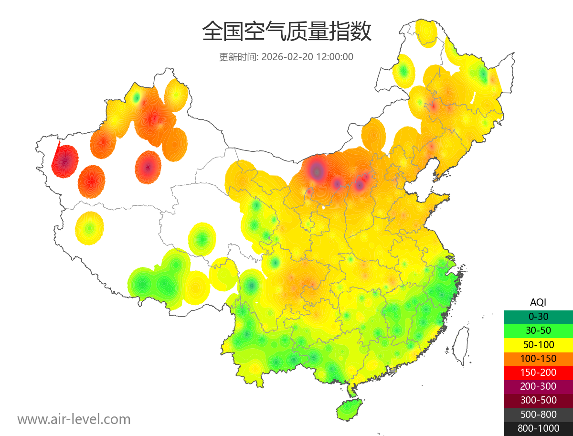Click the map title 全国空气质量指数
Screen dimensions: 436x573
pyautogui.click(x=286, y=32)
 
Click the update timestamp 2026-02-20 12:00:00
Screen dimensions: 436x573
pyautogui.click(x=308, y=57)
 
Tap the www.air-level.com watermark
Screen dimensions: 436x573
pyautogui.click(x=74, y=419)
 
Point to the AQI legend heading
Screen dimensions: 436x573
pyautogui.click(x=538, y=302)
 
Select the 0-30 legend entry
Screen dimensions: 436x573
pyautogui.click(x=538, y=317)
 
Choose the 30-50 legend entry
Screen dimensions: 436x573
pyautogui.click(x=538, y=330)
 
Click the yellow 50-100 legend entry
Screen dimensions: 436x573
pyautogui.click(x=538, y=344)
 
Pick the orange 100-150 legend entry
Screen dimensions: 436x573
pyautogui.click(x=538, y=359)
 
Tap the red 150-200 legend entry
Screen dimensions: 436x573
pyautogui.click(x=538, y=372)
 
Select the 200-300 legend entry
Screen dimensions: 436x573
pyautogui.click(x=538, y=386)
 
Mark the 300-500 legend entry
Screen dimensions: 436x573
pyautogui.click(x=538, y=400)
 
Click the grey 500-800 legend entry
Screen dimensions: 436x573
pyautogui.click(x=538, y=414)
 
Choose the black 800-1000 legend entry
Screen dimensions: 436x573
pyautogui.click(x=538, y=428)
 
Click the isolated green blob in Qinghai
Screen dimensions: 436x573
pyautogui.click(x=202, y=238)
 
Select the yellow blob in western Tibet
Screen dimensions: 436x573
pyautogui.click(x=89, y=228)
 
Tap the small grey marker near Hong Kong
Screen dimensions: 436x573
pyautogui.click(x=393, y=370)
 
